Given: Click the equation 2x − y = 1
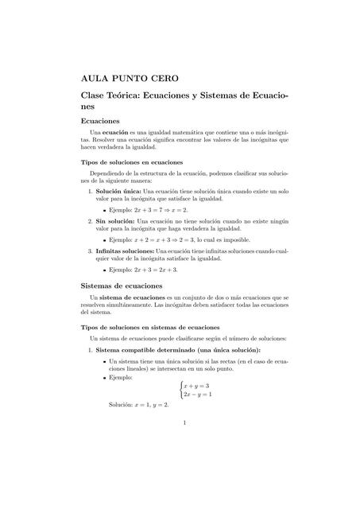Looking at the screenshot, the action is point(198,394).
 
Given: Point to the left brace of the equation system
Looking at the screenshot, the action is point(180,390).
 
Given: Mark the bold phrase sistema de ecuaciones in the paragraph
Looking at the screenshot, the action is point(129,297).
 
